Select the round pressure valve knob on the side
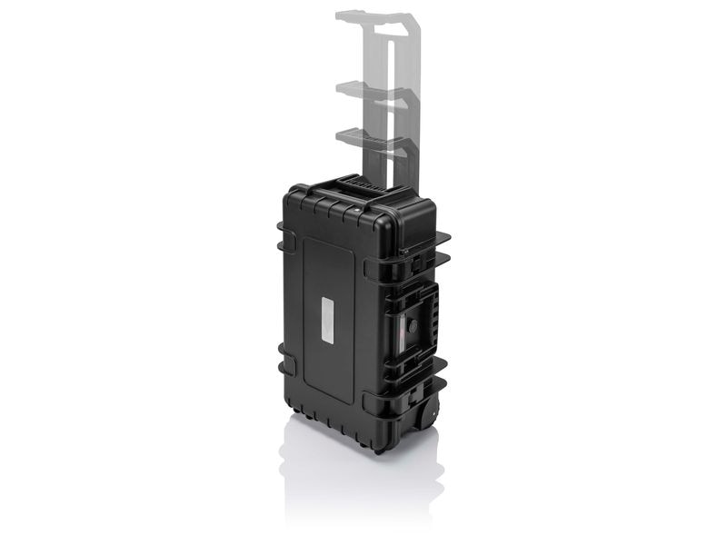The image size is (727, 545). [x=413, y=324]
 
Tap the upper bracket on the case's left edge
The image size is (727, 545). [x=286, y=241]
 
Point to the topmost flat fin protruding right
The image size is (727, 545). [x=436, y=238]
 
